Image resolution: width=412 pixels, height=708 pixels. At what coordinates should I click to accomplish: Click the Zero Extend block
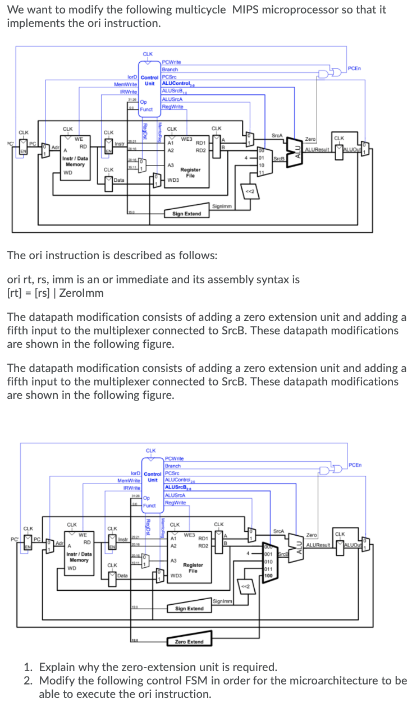coord(189,641)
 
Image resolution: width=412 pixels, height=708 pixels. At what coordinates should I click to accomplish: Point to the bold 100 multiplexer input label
coord(269,576)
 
